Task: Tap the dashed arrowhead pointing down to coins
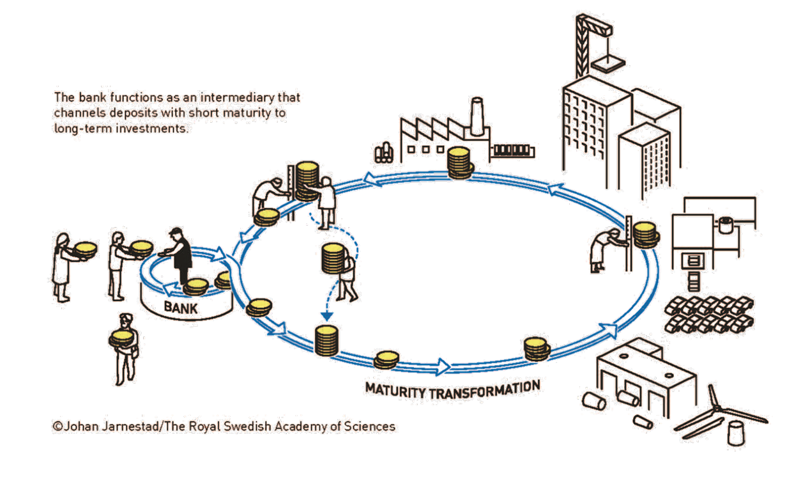click(x=326, y=316)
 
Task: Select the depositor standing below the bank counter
click(x=125, y=345)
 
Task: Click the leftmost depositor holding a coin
click(x=62, y=265)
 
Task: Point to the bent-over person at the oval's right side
click(x=602, y=250)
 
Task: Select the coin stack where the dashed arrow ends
click(x=326, y=340)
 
